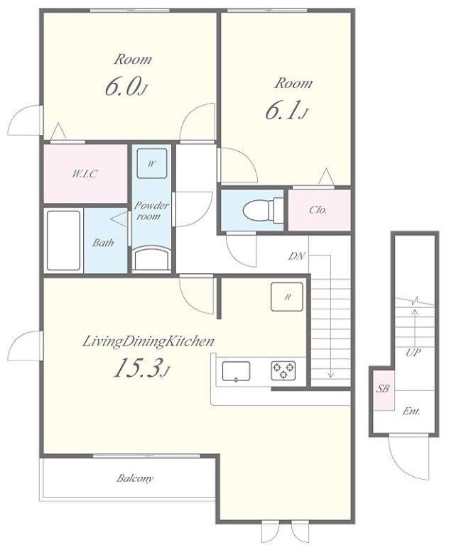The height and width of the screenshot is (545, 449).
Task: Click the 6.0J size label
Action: point(126,87)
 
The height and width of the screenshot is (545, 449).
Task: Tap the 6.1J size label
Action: point(287,111)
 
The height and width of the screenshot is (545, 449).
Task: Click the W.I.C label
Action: point(85,173)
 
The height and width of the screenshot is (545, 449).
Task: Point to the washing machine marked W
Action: point(152,163)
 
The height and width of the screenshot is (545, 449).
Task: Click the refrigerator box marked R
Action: point(287,297)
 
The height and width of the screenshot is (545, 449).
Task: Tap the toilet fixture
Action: point(263,210)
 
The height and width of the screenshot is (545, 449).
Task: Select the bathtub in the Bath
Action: point(63,240)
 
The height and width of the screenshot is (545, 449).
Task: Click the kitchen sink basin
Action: point(236,371)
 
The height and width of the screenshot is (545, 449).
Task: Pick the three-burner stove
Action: point(283,370)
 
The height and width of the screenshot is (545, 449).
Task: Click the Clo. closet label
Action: point(318,209)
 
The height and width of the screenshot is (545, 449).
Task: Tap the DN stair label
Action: point(296,256)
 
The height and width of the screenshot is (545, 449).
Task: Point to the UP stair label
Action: point(413,353)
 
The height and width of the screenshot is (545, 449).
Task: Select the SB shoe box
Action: point(383,390)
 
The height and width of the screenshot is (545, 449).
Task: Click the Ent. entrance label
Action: point(411,412)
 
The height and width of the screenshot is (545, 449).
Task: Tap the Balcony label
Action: point(135,478)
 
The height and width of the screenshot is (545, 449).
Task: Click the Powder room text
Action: point(151,211)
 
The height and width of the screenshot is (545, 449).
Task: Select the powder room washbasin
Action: point(151,258)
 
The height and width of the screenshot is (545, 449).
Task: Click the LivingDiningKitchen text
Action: point(148,341)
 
